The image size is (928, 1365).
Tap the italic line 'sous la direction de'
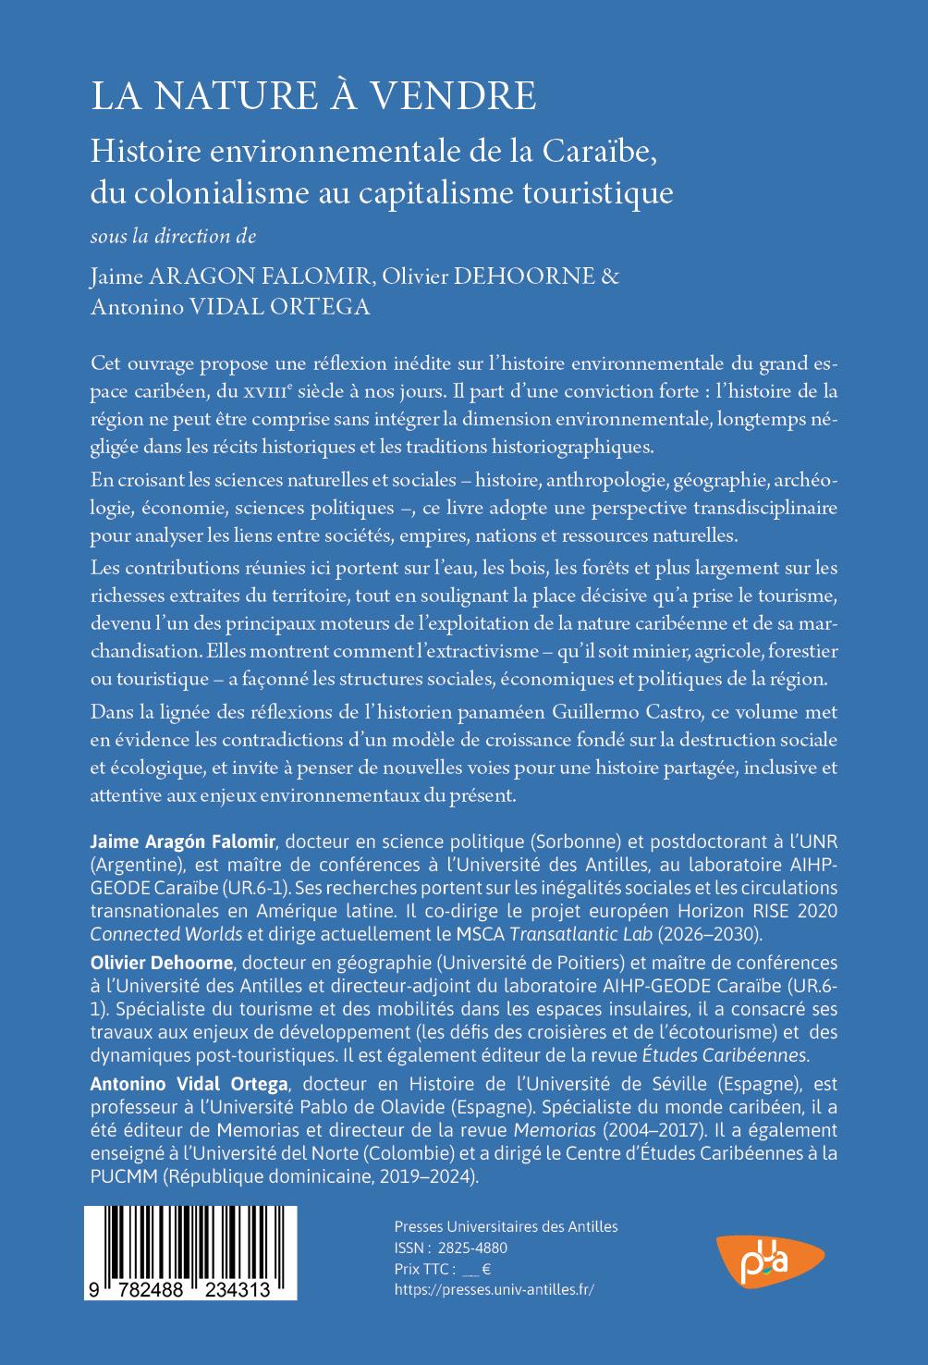(x=173, y=236)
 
